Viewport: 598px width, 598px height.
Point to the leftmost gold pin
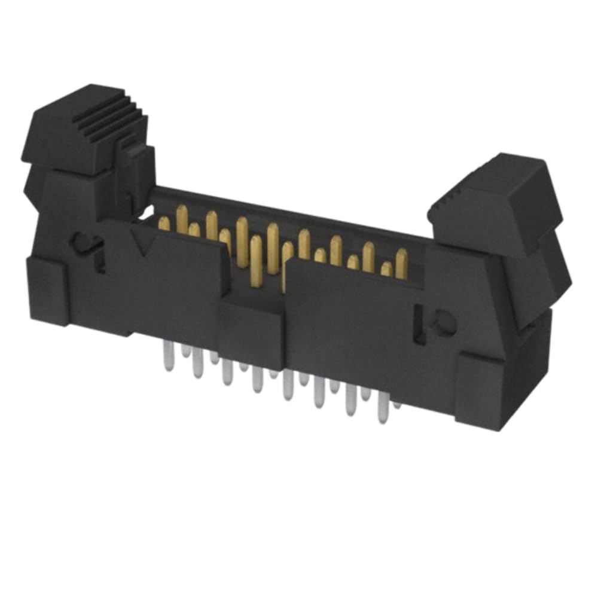pyautogui.click(x=164, y=224)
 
